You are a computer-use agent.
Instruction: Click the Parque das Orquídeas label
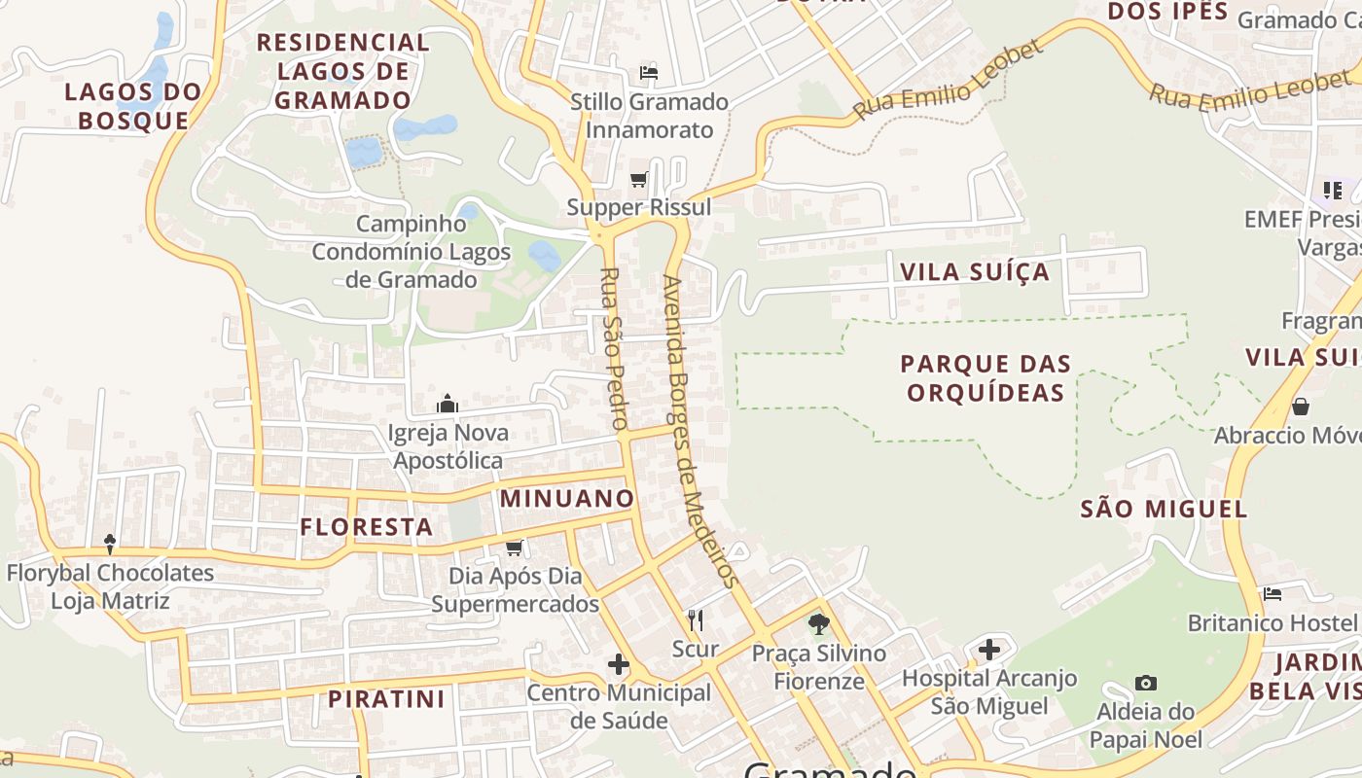click(986, 378)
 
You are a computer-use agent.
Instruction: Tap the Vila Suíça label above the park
click(975, 272)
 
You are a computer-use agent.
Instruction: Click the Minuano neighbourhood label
click(567, 499)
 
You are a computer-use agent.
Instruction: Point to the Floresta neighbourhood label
click(366, 527)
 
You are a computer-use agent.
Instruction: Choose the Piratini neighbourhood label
click(386, 699)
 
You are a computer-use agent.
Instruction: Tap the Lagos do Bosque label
click(133, 106)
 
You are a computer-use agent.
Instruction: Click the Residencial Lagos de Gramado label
click(342, 71)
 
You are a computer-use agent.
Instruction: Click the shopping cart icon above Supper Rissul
click(639, 179)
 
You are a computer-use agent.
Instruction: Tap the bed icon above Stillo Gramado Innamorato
click(649, 73)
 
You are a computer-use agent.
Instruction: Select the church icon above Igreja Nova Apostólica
click(448, 403)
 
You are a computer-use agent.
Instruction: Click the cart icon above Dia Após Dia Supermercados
click(515, 548)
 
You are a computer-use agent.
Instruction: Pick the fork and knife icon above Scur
click(696, 619)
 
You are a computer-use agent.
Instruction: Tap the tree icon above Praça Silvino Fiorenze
click(819, 623)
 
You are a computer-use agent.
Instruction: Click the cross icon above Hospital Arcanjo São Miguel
click(989, 649)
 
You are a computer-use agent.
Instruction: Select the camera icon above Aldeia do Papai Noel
click(1146, 683)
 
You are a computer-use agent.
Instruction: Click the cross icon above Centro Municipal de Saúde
click(618, 665)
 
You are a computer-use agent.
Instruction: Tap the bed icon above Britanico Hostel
click(1272, 593)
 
